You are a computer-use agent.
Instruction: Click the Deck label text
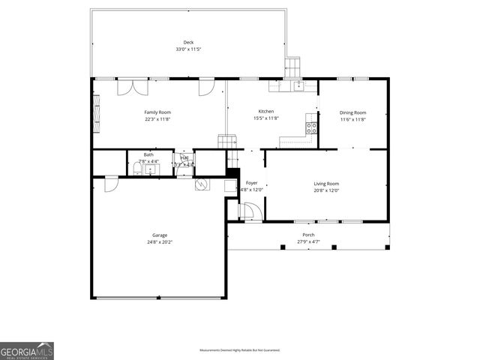tap(188, 42)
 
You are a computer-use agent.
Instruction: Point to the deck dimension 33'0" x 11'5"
tap(188, 49)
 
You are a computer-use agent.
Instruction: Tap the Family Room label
tap(157, 112)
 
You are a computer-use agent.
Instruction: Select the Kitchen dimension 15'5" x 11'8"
tap(265, 118)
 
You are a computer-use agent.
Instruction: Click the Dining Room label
tap(352, 112)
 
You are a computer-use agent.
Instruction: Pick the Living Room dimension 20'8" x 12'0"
tap(326, 190)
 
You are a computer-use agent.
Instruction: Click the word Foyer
tap(252, 183)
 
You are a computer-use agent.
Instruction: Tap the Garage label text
tap(160, 235)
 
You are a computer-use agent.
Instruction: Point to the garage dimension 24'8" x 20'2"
tap(160, 242)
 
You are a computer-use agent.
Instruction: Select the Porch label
tap(308, 235)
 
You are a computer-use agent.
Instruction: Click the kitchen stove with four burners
tap(310, 127)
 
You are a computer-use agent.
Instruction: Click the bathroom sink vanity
tap(151, 170)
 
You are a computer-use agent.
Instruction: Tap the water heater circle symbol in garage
tap(202, 184)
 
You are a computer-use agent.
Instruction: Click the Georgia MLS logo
tap(27, 351)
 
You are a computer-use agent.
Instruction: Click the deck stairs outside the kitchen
tap(292, 68)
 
